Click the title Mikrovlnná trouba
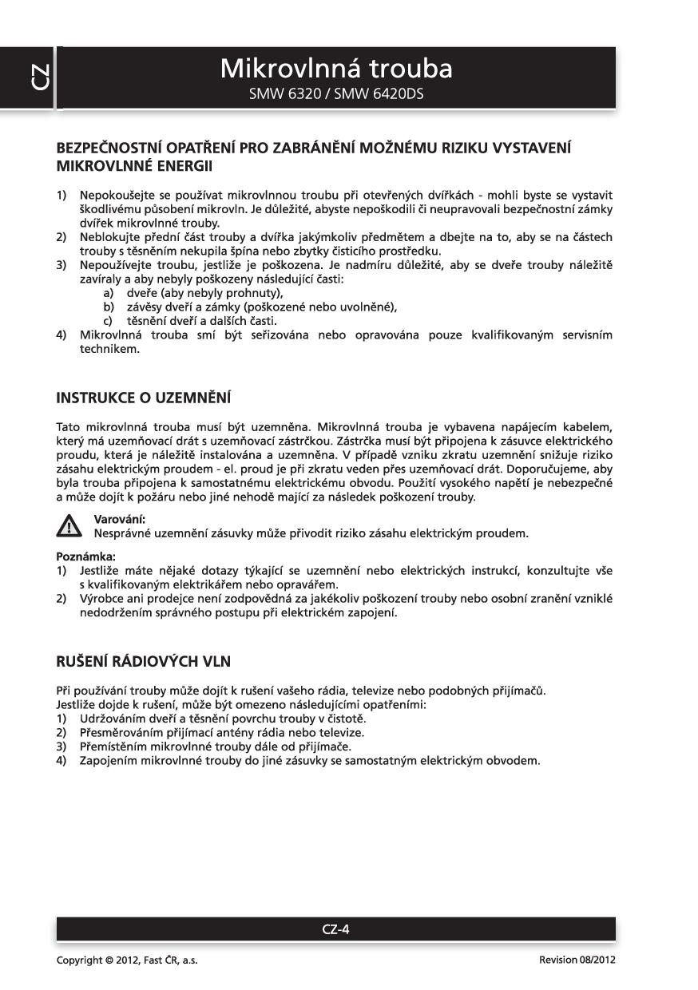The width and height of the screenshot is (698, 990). (x=335, y=69)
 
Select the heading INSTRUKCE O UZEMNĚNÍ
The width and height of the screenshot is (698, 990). (x=143, y=397)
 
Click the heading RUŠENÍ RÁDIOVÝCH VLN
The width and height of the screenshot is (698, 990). (x=144, y=661)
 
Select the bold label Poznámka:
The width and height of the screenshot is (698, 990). (x=80, y=556)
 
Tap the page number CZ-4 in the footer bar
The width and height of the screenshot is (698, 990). (x=335, y=929)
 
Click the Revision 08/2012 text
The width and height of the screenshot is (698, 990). (x=577, y=960)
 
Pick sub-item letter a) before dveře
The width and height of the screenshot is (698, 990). (x=109, y=293)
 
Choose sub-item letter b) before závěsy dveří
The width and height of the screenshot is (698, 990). (x=109, y=307)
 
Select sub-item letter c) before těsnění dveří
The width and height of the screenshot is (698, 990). (x=109, y=320)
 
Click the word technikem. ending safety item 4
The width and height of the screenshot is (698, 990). (x=109, y=349)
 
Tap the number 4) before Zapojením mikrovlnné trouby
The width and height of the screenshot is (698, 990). (x=61, y=760)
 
